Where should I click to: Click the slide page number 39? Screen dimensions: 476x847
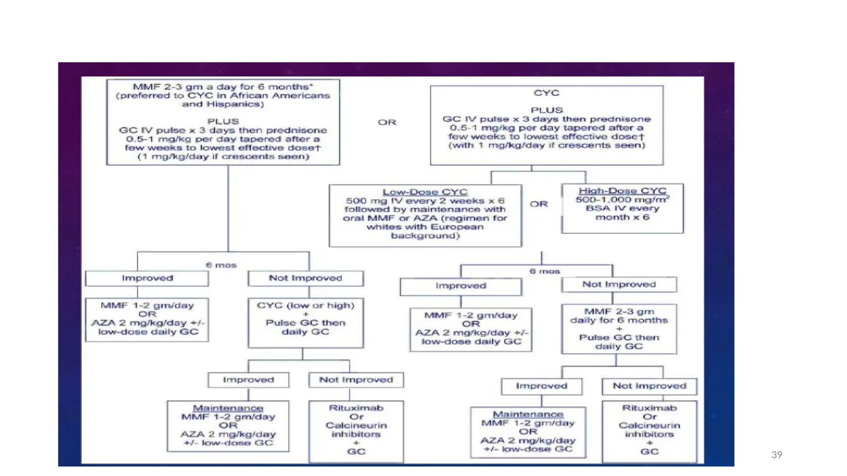click(x=777, y=455)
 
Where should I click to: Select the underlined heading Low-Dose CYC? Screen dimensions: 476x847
click(x=425, y=192)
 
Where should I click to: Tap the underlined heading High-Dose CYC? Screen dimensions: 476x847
click(x=622, y=191)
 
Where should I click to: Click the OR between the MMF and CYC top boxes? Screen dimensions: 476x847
click(x=387, y=122)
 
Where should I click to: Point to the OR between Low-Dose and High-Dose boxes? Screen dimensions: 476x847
click(x=539, y=204)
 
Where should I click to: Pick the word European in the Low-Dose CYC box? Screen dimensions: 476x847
click(x=457, y=227)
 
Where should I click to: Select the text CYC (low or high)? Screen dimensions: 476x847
click(x=306, y=305)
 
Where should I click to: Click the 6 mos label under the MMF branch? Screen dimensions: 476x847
click(x=221, y=265)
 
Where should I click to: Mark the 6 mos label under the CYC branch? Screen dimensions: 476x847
click(x=545, y=271)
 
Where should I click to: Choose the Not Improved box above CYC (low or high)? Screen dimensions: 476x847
click(x=306, y=278)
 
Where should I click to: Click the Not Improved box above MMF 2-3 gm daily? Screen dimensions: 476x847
click(x=619, y=284)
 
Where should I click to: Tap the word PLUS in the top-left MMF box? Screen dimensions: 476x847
click(x=223, y=121)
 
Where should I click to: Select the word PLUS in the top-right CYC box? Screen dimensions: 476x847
click(x=547, y=110)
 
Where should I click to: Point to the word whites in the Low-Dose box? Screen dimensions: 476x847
click(x=380, y=227)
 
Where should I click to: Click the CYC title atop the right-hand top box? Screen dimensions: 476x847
click(x=547, y=93)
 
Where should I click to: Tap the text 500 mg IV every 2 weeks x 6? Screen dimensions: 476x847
click(x=425, y=201)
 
